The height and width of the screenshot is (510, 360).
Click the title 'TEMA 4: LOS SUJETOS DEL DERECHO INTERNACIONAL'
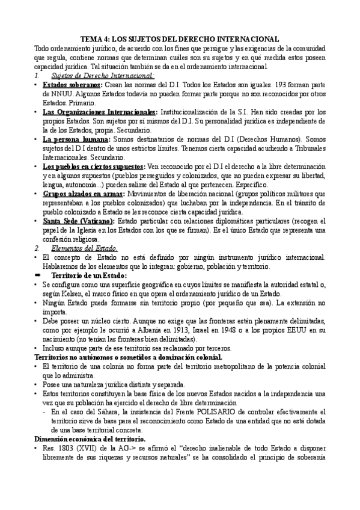point(180,38)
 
